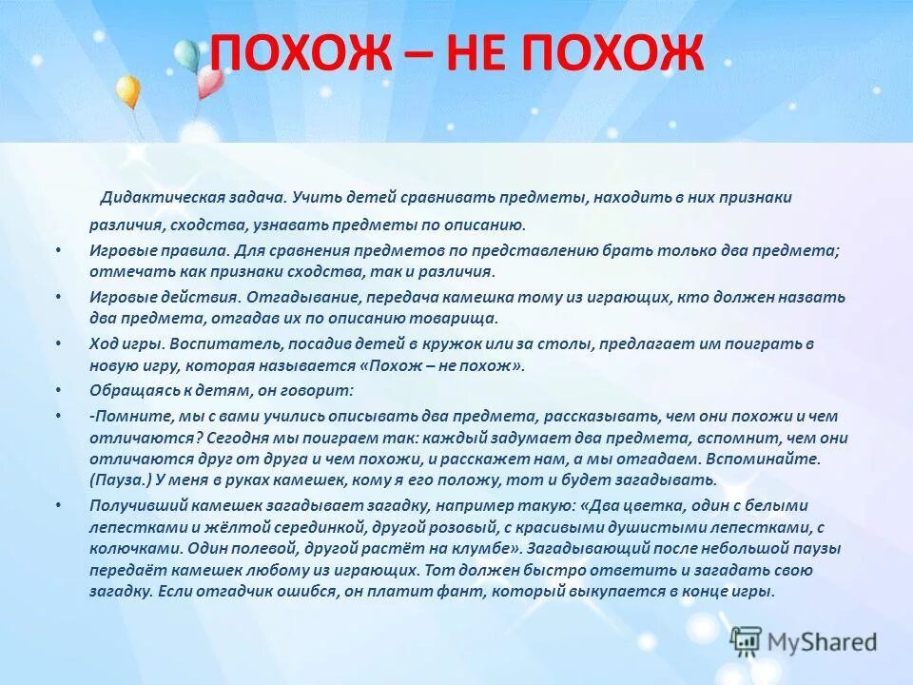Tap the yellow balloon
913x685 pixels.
tap(127, 92)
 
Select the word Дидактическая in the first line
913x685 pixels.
tap(148, 198)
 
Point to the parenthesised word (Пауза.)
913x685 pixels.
tap(119, 480)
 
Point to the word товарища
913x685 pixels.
tap(466, 319)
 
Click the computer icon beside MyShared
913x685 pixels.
tap(746, 640)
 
